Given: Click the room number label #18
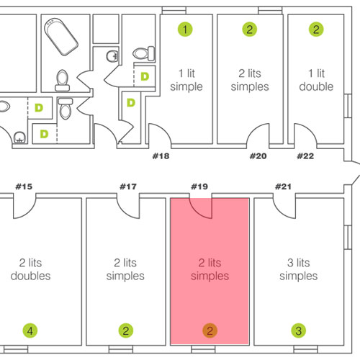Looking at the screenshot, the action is [x=161, y=156].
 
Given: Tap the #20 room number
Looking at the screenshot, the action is [x=258, y=156].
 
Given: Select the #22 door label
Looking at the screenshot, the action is [x=305, y=156].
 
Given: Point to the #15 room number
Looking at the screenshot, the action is [x=24, y=186].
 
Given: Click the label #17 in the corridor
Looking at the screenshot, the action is [x=128, y=186].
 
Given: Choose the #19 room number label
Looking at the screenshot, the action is [x=199, y=186].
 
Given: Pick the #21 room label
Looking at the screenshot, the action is [x=283, y=186].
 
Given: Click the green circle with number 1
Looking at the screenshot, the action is [x=185, y=30].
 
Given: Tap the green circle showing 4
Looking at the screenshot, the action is [x=30, y=330].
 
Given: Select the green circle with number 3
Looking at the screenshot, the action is [x=299, y=330].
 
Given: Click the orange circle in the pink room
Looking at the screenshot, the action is [x=210, y=330].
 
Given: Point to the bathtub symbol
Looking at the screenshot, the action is [x=61, y=37].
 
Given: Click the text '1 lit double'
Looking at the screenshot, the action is [x=316, y=80].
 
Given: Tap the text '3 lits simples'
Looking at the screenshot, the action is [x=299, y=269].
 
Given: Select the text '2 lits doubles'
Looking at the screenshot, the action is [x=30, y=269].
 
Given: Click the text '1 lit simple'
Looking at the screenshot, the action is [x=186, y=80].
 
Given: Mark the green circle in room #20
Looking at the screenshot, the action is [x=250, y=30].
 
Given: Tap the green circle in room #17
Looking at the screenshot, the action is [x=126, y=330].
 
